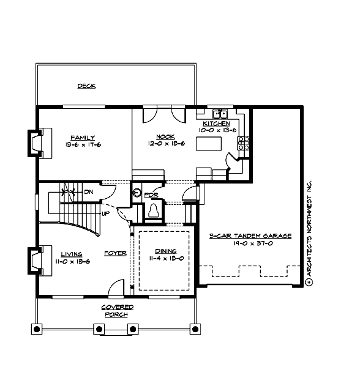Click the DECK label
86,86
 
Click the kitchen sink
220,113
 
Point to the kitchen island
208,144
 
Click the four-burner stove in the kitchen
243,143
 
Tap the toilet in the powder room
154,210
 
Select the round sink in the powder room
138,193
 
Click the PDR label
151,195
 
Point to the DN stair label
88,191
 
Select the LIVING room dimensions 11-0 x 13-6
75,261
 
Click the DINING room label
165,251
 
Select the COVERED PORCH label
116,311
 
